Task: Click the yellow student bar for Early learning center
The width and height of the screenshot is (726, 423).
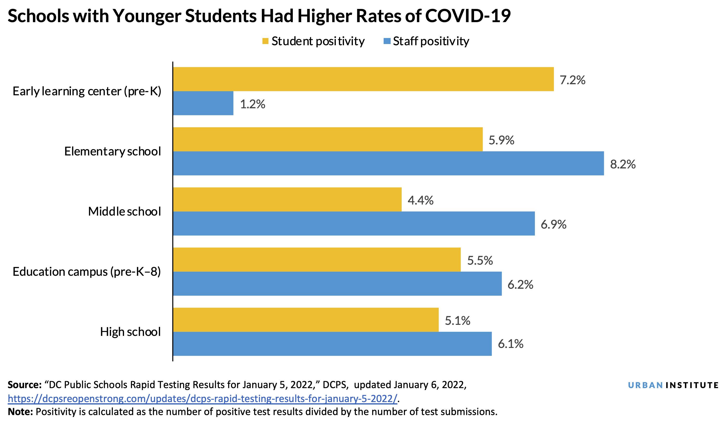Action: (363, 79)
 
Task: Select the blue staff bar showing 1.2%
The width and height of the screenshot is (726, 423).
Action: (203, 103)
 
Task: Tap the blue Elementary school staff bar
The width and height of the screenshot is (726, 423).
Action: (388, 163)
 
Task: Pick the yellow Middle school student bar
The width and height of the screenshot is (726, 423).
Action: (287, 199)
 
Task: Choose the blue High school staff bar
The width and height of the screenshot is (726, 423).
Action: (332, 344)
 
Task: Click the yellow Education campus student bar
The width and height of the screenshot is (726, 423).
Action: (317, 260)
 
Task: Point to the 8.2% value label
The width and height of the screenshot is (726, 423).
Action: (623, 164)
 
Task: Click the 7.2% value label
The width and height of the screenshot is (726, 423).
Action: (572, 80)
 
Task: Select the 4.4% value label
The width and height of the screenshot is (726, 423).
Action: (420, 200)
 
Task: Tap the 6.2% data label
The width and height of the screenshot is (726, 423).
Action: (520, 285)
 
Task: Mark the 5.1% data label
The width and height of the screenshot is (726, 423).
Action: (457, 321)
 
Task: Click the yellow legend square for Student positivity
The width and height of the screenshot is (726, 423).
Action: (265, 41)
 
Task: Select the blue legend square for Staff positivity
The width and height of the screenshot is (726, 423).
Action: (387, 41)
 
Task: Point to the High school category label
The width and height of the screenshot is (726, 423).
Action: (130, 332)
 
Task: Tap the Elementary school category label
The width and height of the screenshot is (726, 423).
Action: (112, 151)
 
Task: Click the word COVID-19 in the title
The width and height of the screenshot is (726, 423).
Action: (468, 16)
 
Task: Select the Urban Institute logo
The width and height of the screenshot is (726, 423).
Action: (673, 385)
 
